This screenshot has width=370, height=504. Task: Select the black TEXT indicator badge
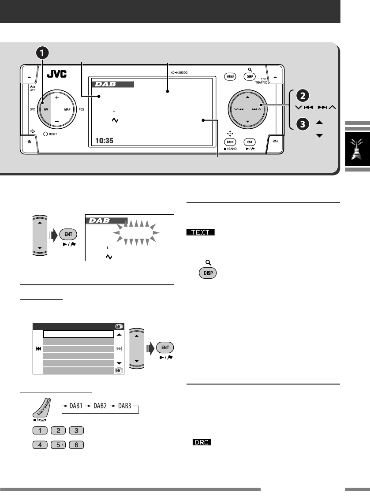click(x=200, y=232)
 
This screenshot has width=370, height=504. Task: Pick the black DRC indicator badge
click(x=201, y=441)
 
